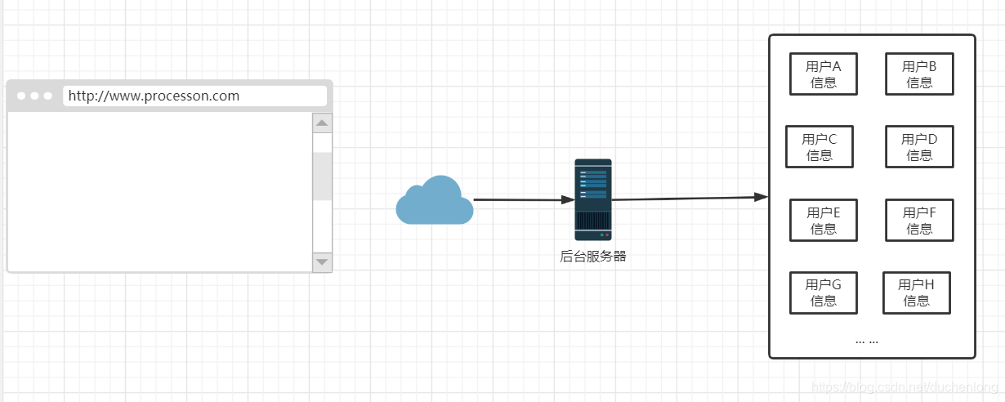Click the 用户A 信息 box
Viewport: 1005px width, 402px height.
(x=824, y=74)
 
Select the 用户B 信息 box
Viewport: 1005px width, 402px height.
(x=919, y=74)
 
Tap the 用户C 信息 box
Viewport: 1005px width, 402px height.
(x=820, y=147)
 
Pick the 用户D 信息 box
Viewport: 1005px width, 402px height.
(x=919, y=147)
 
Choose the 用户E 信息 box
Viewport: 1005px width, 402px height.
(x=824, y=221)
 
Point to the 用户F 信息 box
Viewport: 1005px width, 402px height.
(x=919, y=221)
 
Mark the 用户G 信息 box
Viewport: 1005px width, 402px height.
(x=824, y=293)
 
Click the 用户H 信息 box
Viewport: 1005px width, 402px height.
(x=917, y=293)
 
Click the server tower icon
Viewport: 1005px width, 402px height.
(x=592, y=199)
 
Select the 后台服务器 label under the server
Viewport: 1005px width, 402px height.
(x=592, y=257)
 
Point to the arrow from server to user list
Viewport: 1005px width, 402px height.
(x=686, y=199)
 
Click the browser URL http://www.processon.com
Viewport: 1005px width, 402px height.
(x=154, y=96)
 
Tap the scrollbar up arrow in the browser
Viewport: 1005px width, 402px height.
(x=322, y=123)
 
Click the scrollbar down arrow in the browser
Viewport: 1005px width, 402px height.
(x=322, y=261)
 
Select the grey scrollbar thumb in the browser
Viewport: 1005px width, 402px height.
(x=322, y=176)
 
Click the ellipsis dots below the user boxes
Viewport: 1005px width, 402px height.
(x=867, y=341)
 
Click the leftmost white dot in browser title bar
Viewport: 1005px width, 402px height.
(x=21, y=96)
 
